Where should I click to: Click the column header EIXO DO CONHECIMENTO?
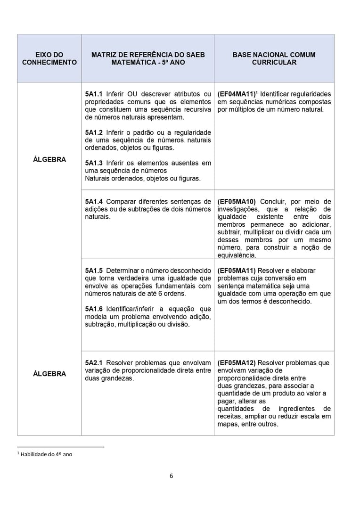pos(49,58)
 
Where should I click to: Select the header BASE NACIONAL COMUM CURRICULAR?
pos(274,58)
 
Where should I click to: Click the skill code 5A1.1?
pos(94,94)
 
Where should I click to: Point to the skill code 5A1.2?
pos(94,132)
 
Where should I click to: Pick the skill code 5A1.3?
pos(94,163)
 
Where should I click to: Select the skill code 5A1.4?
pos(94,202)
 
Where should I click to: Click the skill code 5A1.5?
pos(94,271)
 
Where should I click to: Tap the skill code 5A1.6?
pos(94,309)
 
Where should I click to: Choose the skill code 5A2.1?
pos(94,363)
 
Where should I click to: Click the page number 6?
pos(172,476)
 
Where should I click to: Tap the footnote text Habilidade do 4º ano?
pos(46,454)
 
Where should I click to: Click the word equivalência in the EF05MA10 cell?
pos(237,255)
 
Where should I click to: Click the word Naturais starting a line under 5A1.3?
pos(98,178)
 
